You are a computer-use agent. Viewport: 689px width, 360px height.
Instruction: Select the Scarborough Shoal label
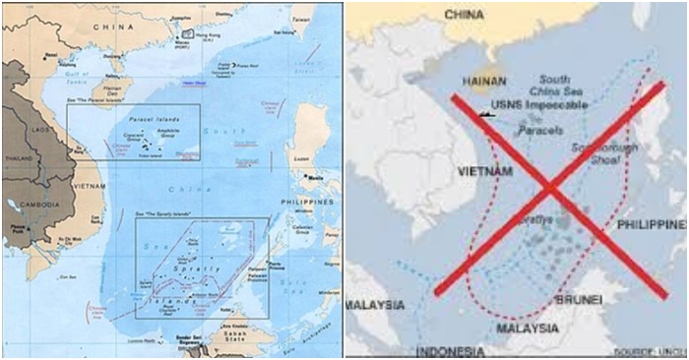point(601,152)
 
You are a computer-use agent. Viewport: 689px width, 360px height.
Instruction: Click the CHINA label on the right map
point(470,15)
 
